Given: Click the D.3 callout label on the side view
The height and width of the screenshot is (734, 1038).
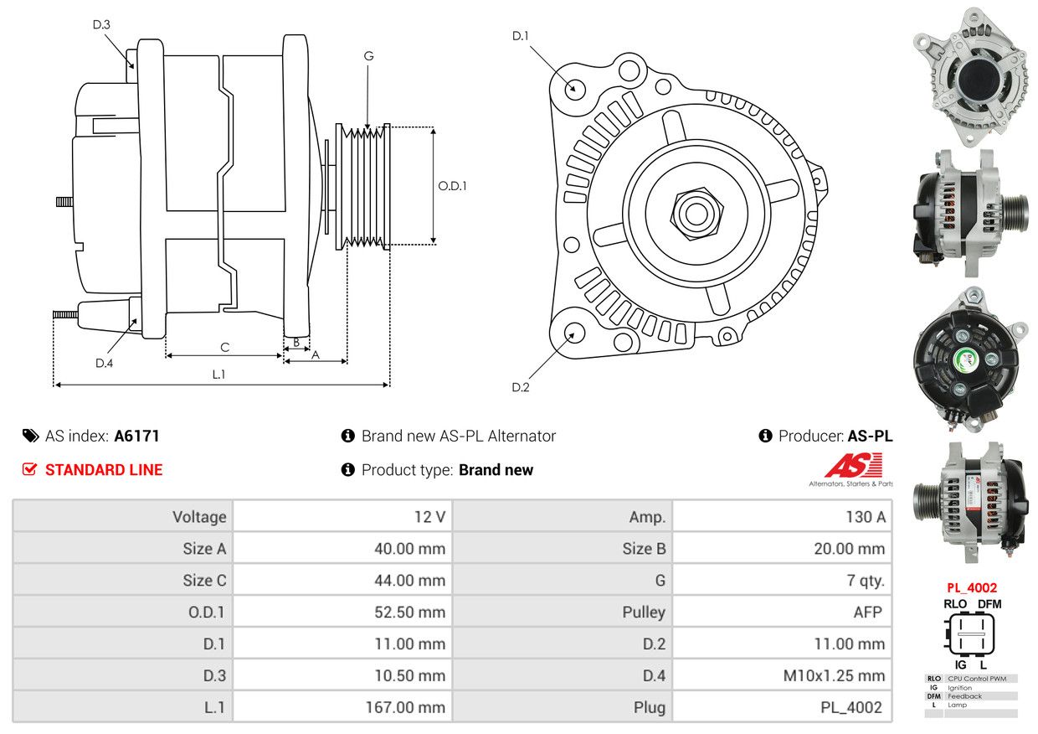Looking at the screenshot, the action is (101, 24).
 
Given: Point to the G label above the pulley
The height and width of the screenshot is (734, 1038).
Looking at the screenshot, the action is (368, 56).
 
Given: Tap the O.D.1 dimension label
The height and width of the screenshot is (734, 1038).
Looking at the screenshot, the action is (452, 186).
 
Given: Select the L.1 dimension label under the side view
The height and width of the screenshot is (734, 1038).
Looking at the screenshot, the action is (218, 375).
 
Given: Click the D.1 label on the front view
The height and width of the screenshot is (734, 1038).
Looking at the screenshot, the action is (521, 36).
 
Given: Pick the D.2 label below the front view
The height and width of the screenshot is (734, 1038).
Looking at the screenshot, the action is (521, 387).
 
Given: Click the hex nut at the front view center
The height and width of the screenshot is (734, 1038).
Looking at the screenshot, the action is (696, 214).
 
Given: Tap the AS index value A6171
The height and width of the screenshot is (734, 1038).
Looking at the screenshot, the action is (136, 437).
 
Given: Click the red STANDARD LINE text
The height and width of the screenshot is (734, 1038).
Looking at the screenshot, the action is (104, 470).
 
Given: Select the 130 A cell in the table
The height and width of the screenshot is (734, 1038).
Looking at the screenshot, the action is (866, 517).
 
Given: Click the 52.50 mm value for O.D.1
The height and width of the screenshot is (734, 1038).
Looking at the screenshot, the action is (409, 613).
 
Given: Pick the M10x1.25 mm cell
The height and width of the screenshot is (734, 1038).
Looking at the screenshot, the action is (834, 676).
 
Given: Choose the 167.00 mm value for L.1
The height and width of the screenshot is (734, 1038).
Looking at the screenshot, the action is (405, 707).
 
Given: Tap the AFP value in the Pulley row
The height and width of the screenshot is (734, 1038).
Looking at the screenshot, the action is (867, 613).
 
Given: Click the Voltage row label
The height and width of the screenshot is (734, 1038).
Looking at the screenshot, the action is (199, 517).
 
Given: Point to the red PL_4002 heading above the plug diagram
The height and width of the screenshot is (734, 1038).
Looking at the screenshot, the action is (971, 588).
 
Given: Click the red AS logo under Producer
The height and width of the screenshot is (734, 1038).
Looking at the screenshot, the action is (854, 465).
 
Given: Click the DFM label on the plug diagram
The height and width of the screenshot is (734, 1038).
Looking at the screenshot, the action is (989, 604).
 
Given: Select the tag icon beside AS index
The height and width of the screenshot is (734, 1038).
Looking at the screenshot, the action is (31, 437).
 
